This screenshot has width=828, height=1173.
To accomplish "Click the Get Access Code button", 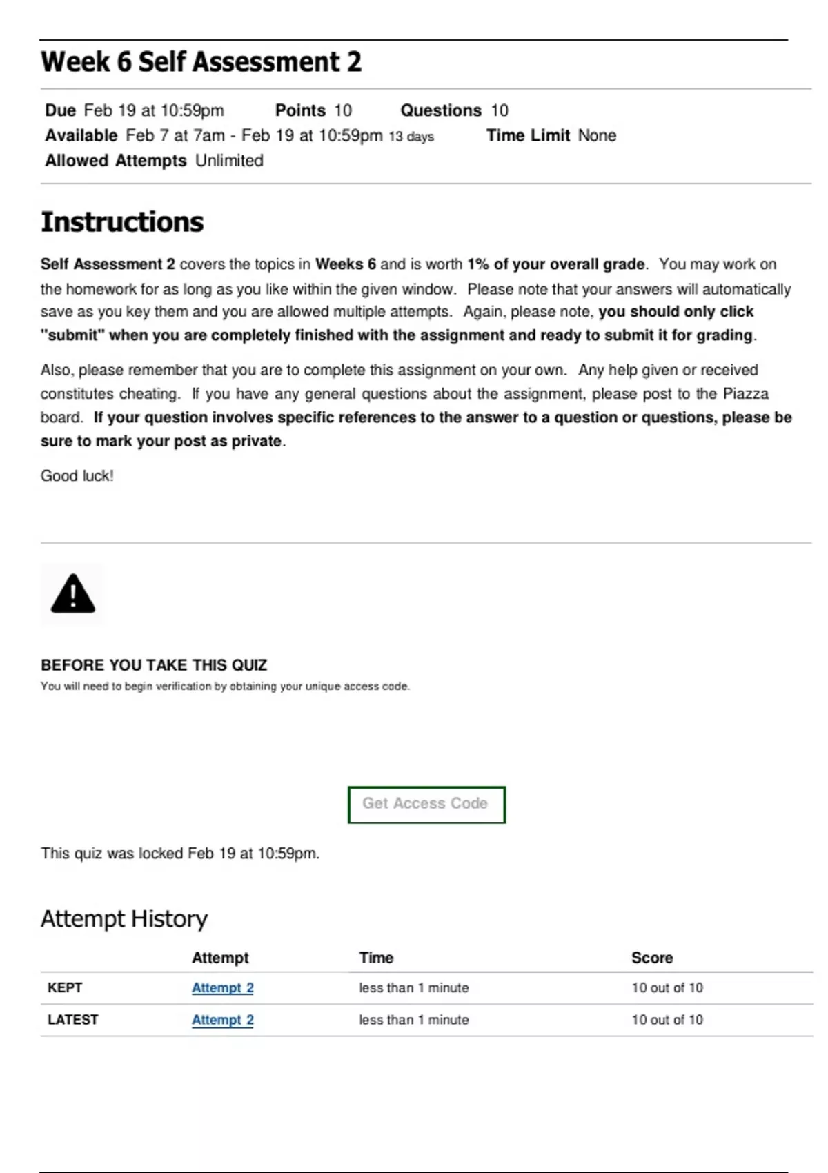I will click(426, 805).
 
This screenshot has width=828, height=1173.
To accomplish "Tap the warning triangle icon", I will click(73, 594).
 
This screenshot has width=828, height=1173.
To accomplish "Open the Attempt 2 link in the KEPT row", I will click(222, 988).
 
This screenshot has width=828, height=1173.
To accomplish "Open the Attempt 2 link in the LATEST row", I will click(222, 1020).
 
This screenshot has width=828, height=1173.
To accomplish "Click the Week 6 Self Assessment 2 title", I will click(201, 62).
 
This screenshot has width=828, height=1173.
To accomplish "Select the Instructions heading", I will click(122, 222).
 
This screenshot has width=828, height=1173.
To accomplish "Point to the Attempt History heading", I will click(124, 919).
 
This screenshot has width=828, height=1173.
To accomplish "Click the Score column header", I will click(652, 958).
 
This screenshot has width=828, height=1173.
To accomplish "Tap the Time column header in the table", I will click(376, 958).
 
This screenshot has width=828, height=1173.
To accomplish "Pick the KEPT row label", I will click(65, 988).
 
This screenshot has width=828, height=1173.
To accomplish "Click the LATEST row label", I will click(72, 1020).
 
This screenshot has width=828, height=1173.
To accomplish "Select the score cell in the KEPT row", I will click(667, 988).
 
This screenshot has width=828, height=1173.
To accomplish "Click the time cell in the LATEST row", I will click(413, 1020).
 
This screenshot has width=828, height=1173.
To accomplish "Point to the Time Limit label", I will click(528, 136).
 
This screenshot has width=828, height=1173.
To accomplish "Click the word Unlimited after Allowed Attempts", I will click(229, 161).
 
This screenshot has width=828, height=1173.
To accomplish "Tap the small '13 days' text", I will click(411, 137).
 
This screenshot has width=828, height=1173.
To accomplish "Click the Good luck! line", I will click(77, 476).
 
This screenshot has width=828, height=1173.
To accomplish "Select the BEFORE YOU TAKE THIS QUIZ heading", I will click(154, 665).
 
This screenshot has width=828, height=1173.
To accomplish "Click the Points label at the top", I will click(300, 110).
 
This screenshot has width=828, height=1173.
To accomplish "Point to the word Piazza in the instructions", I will click(745, 394).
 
